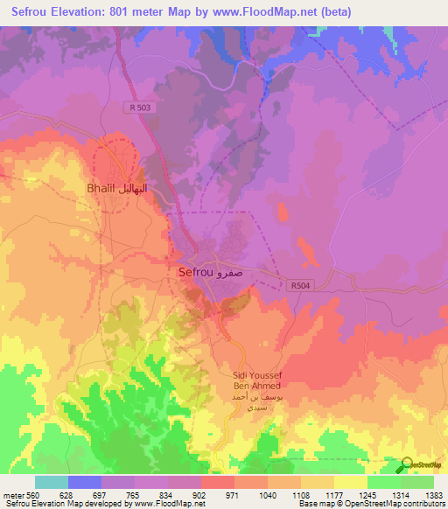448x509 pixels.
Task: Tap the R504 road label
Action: click(299, 285)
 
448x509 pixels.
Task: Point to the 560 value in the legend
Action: click(34, 495)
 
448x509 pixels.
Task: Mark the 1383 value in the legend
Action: click(433, 495)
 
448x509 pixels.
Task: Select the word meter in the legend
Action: click(12, 495)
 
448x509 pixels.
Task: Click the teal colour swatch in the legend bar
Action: click(51, 482)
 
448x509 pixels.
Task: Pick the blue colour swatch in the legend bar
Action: click(84, 482)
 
